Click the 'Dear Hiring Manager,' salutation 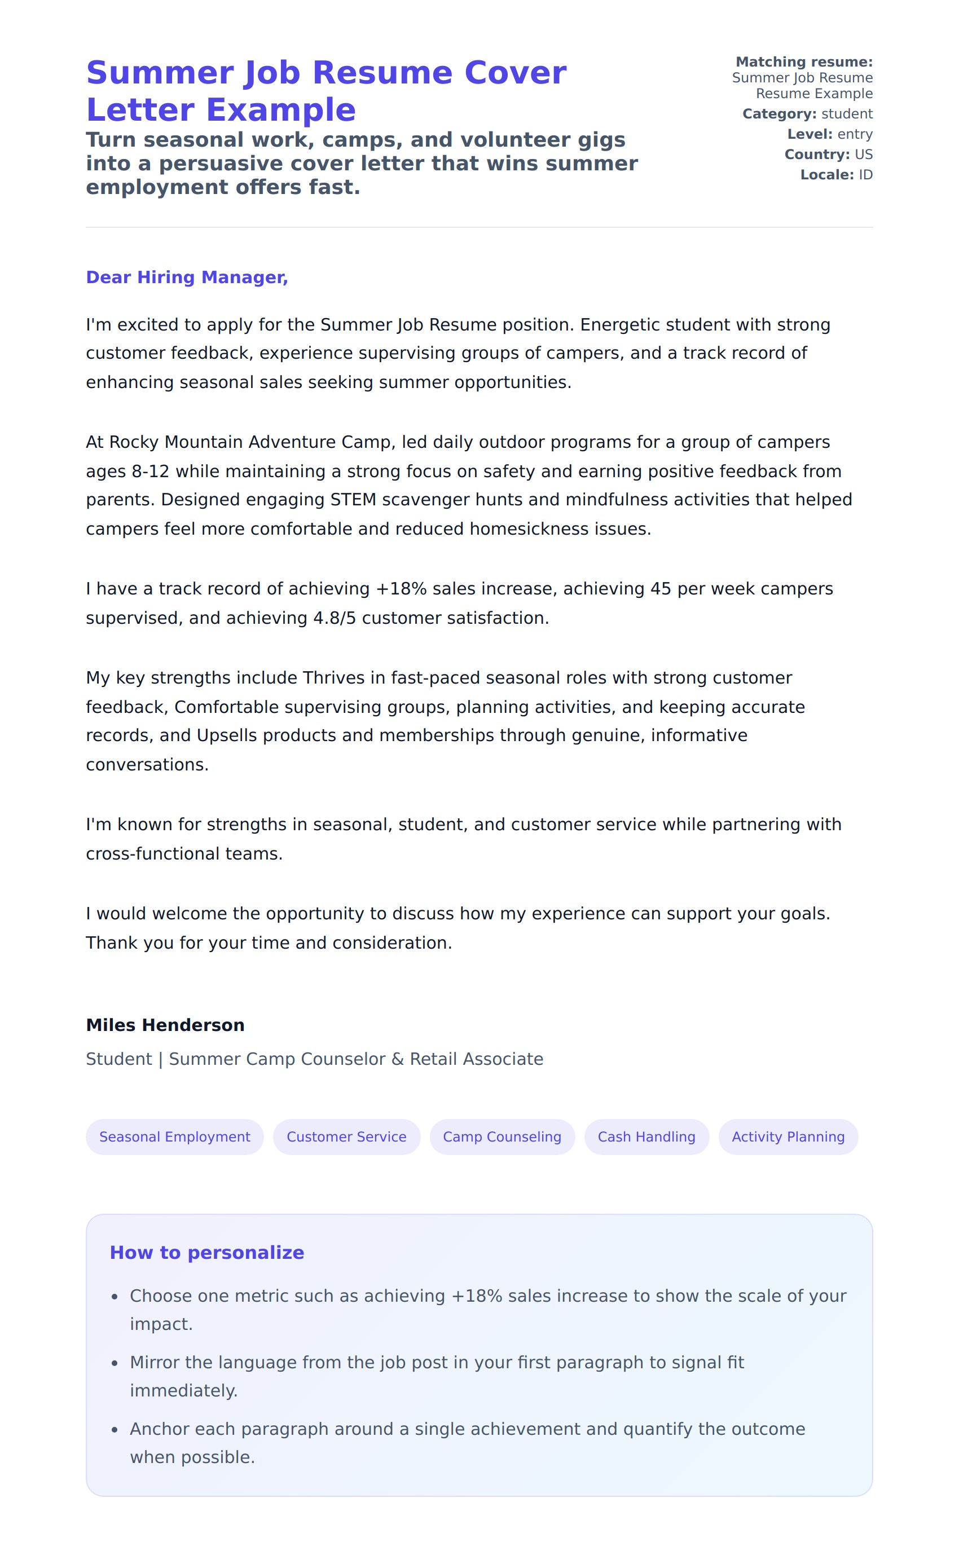[x=187, y=277]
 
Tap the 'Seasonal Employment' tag [x=174, y=1137]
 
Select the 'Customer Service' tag [x=346, y=1137]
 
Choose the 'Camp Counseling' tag [x=502, y=1137]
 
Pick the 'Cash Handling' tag [x=646, y=1137]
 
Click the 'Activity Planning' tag [x=788, y=1137]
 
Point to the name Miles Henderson [x=165, y=1025]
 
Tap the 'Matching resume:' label [x=804, y=62]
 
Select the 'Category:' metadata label [x=780, y=114]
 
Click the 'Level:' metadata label [x=810, y=134]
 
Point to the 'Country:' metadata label [x=817, y=155]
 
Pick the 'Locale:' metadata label [x=827, y=175]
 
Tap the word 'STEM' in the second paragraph [x=353, y=500]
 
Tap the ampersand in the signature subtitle [x=398, y=1060]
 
